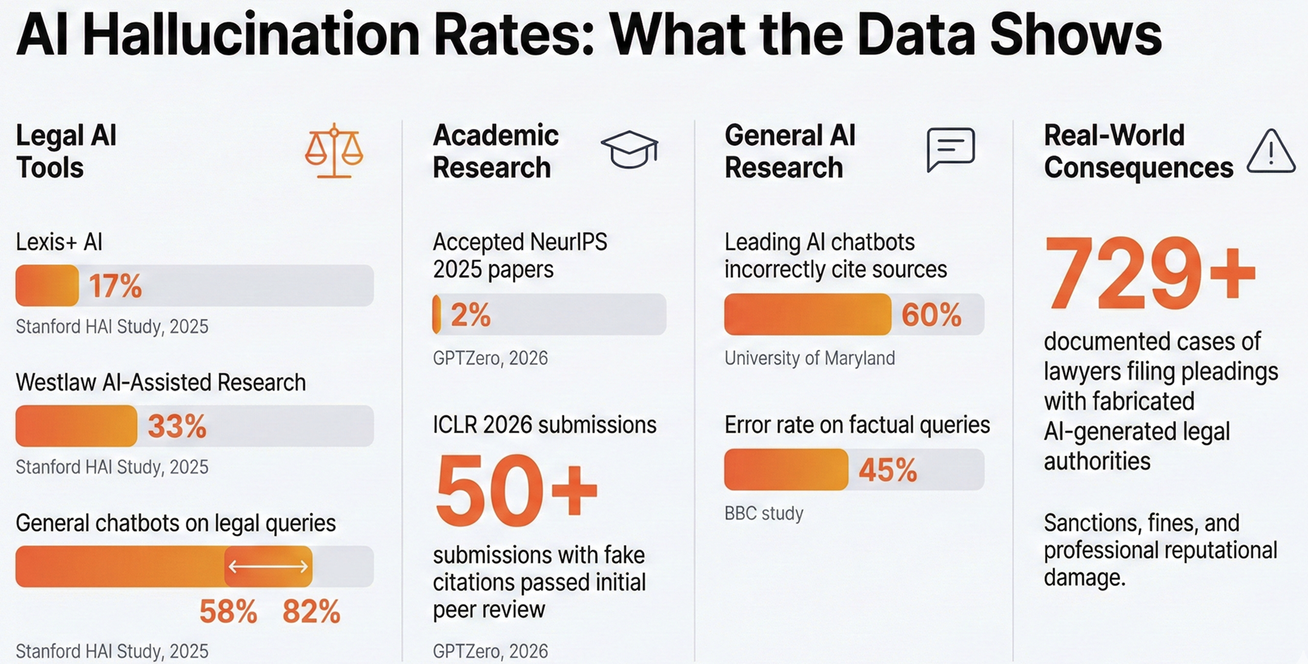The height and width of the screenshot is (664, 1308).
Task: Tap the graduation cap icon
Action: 629,149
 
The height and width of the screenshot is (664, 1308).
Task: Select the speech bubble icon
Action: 950,149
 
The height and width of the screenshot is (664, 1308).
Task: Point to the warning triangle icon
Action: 1271,152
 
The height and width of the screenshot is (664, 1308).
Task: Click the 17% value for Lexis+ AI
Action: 115,286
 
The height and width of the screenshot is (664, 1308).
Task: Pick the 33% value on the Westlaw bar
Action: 177,426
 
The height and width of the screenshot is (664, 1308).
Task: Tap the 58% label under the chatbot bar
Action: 228,612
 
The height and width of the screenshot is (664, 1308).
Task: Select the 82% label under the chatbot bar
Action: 311,612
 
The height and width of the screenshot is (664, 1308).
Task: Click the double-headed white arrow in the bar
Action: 268,566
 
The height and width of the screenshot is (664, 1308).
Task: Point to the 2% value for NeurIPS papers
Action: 470,314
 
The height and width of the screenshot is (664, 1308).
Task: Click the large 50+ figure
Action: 516,491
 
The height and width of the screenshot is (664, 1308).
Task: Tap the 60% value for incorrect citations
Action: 931,314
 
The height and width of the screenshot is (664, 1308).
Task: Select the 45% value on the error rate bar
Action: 888,470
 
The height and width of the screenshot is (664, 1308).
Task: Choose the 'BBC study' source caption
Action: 764,513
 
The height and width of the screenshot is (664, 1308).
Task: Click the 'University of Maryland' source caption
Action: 809,358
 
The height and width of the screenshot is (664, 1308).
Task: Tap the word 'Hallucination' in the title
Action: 251,36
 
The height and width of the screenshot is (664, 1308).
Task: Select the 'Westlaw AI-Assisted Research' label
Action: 161,383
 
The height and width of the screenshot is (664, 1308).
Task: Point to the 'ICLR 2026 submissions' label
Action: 544,424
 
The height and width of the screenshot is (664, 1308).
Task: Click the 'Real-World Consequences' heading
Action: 1138,152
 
